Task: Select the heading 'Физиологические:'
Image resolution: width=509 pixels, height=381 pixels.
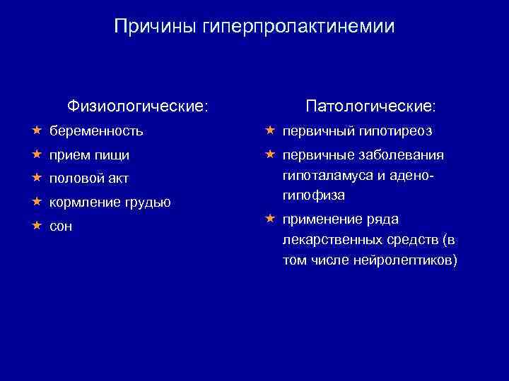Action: tap(138, 106)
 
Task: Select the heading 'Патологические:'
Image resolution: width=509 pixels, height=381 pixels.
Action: tap(371, 106)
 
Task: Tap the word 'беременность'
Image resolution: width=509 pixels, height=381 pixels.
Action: tap(96, 131)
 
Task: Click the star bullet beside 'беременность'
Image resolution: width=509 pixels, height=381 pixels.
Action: tap(36, 130)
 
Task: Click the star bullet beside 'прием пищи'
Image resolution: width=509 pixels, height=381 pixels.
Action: tap(36, 154)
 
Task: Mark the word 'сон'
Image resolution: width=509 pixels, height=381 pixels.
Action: tap(61, 226)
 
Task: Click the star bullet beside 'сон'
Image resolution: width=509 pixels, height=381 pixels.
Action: tap(36, 226)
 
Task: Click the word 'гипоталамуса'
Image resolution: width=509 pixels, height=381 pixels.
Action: tap(322, 176)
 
